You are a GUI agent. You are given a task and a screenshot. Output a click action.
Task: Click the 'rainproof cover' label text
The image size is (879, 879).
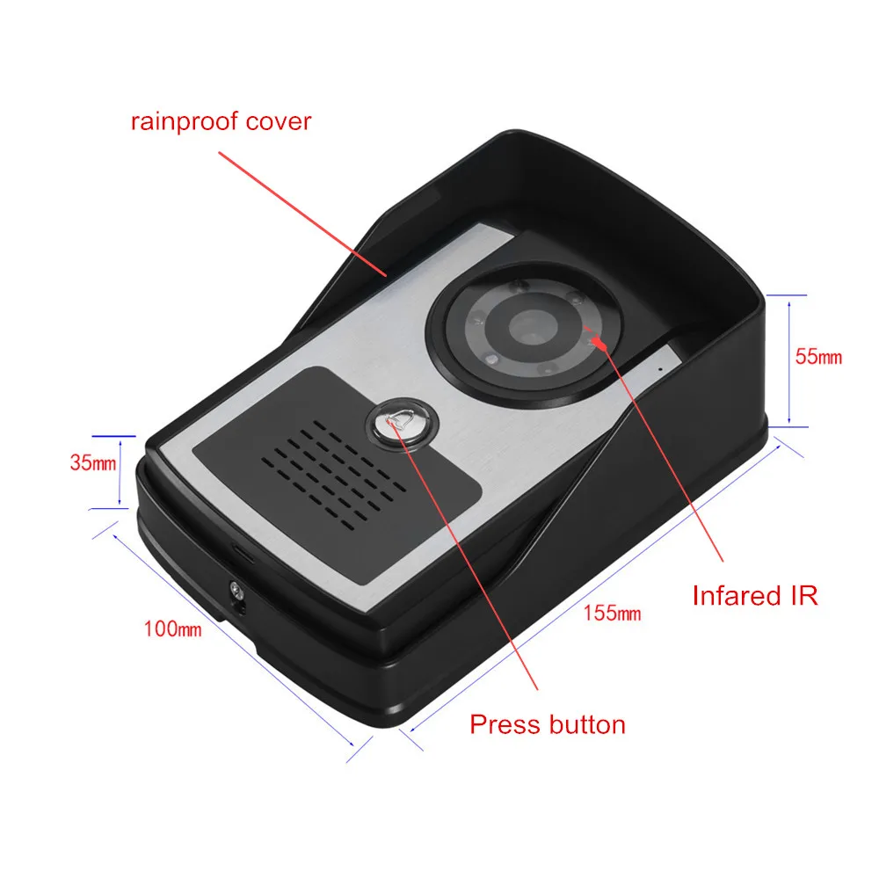(221, 120)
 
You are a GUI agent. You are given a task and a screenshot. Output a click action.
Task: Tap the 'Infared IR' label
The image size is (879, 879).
(755, 595)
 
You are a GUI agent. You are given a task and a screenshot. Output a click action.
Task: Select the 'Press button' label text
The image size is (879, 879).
(548, 724)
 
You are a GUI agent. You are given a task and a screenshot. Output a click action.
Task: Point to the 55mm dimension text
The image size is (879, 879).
(818, 357)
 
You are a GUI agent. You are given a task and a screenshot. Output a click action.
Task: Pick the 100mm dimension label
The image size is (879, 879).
(173, 629)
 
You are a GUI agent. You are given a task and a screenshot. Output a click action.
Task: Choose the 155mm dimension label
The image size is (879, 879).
(613, 613)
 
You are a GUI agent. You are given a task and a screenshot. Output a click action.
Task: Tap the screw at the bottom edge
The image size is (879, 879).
(235, 592)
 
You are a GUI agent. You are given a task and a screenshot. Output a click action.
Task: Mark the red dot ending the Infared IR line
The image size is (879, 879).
(599, 339)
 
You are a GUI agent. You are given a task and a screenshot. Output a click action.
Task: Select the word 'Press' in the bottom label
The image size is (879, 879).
(505, 724)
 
